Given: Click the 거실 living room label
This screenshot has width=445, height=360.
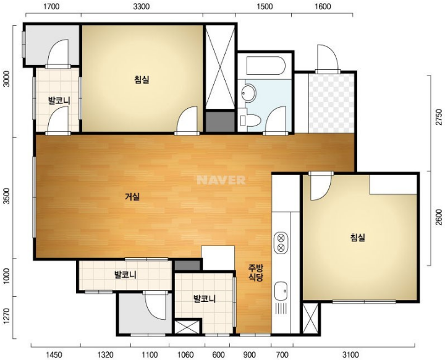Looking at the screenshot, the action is [x=132, y=197].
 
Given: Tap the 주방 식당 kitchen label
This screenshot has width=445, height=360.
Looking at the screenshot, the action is [x=256, y=273].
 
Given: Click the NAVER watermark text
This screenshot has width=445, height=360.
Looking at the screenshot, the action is [x=221, y=180].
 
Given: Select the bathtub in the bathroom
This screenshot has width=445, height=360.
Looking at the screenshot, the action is [x=265, y=66].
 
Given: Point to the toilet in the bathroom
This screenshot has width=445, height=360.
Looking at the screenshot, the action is [x=250, y=121].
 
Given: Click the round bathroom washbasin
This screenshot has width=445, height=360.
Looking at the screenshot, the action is [x=248, y=93].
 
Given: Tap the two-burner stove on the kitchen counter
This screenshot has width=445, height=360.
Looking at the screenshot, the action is [x=281, y=242].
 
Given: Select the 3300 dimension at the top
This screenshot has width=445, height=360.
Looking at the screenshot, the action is [x=142, y=6].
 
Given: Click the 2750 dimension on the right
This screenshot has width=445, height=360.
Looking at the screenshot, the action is [x=439, y=117].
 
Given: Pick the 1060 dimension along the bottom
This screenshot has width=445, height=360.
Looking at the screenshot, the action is [x=185, y=354].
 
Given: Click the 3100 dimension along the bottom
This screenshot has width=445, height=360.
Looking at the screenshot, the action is [x=350, y=354].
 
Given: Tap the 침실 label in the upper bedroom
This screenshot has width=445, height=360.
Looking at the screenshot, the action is [x=142, y=80].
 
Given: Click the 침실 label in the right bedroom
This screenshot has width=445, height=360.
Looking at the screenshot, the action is [x=358, y=237].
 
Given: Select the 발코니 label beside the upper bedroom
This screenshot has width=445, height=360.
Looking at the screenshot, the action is [x=59, y=100].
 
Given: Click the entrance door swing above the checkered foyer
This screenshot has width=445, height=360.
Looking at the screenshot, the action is [x=328, y=57].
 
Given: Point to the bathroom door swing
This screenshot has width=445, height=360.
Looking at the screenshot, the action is [x=276, y=119].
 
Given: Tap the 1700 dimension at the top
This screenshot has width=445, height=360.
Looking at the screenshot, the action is [x=52, y=6].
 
